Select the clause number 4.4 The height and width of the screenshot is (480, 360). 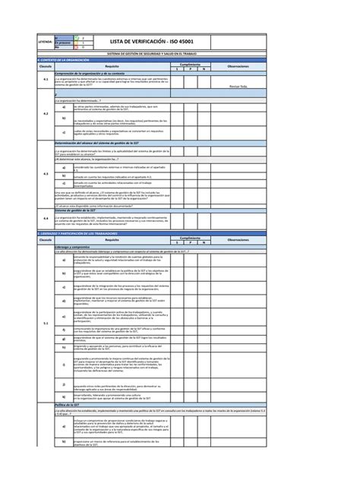point(46,217)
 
